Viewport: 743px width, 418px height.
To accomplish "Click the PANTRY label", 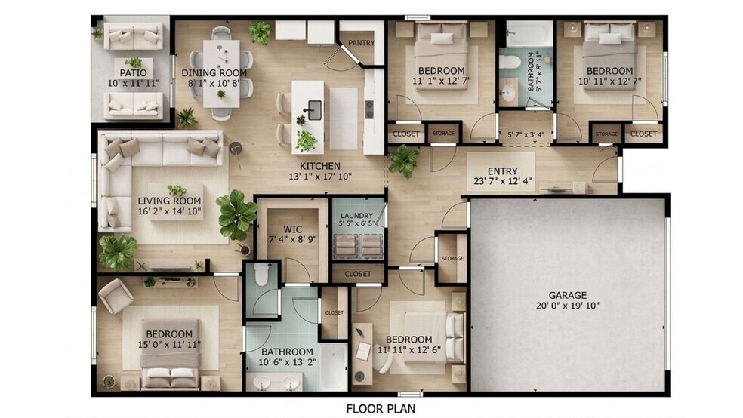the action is click(362, 43).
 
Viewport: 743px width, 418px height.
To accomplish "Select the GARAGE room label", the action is click(568, 296).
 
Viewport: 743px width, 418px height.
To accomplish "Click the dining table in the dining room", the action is click(221, 73).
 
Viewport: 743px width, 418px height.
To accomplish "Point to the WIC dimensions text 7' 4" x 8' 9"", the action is click(293, 239).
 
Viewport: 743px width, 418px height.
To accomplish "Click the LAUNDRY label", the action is click(357, 216).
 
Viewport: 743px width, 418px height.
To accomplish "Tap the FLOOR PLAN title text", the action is click(381, 408).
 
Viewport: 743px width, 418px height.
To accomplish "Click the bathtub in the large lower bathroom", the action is click(334, 367).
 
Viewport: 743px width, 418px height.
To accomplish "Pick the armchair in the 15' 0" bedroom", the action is click(116, 296).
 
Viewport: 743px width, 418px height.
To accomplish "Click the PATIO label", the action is click(133, 73).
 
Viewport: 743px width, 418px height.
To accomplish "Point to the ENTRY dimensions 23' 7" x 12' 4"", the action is click(502, 181).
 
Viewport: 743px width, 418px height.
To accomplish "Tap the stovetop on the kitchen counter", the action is click(369, 109).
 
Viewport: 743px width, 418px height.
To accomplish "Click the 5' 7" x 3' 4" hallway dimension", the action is click(526, 134).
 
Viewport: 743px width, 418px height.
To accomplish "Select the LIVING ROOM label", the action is click(169, 201).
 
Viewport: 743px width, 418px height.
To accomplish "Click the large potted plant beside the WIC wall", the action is click(236, 215).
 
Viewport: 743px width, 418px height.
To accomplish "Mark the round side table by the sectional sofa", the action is click(236, 148).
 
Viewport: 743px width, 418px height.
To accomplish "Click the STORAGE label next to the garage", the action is click(452, 259).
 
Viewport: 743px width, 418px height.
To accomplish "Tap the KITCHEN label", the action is click(320, 166).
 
